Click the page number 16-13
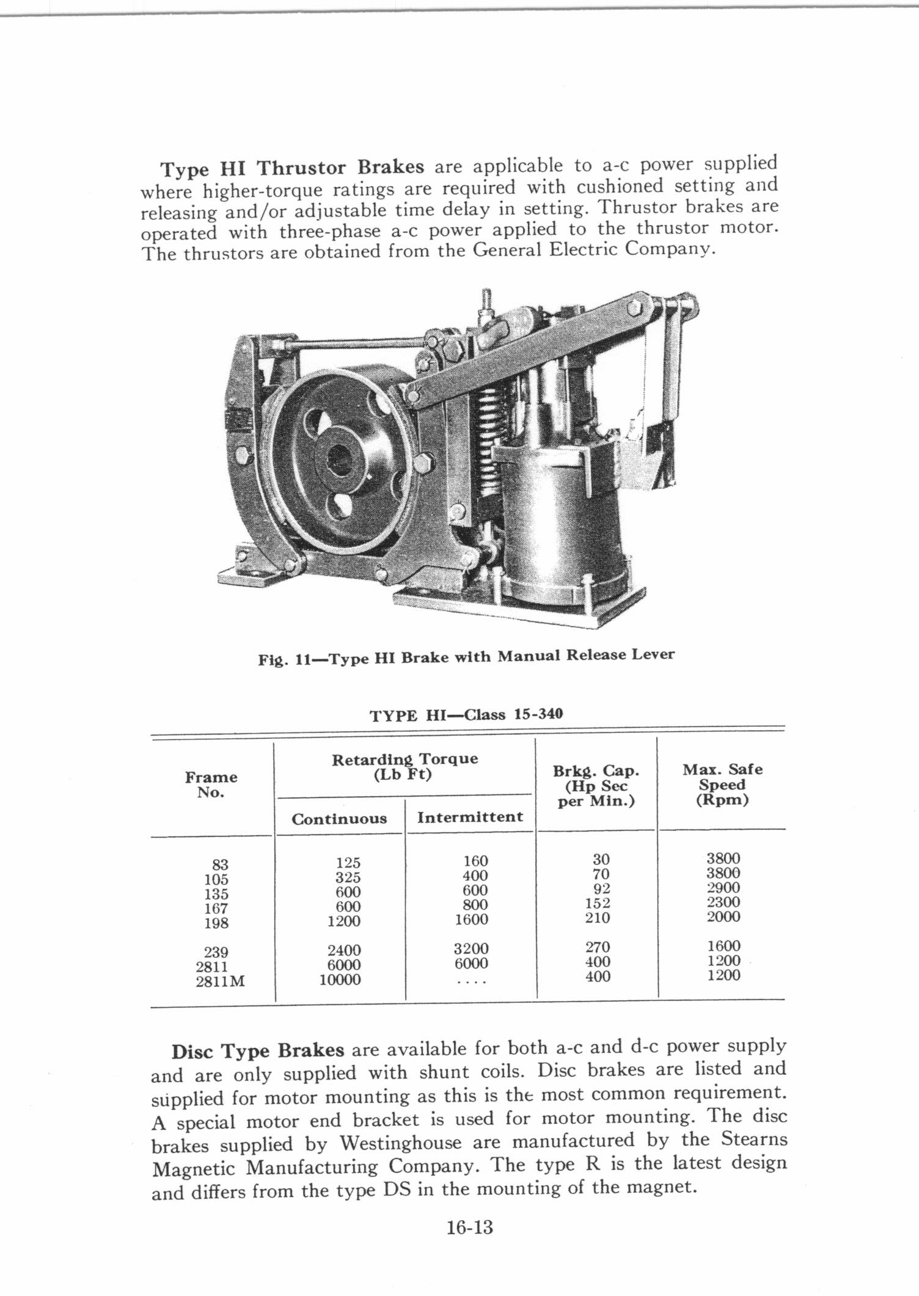tap(469, 1227)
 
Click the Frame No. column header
tap(211, 785)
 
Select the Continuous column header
tap(339, 819)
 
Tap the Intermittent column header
tap(470, 817)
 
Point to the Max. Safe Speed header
tap(722, 785)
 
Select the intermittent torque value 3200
tap(471, 949)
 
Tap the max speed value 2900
tap(723, 888)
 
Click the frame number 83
tap(220, 865)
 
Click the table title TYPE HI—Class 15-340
tap(466, 715)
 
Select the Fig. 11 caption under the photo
tap(466, 657)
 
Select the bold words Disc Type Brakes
tap(258, 1052)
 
